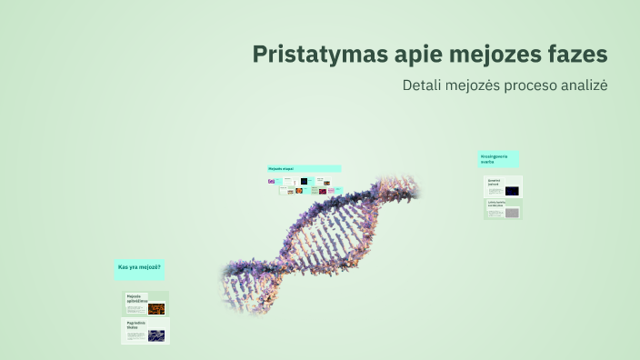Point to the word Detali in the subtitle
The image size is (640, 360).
pyautogui.click(x=422, y=85)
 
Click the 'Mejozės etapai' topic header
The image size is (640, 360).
pyautogui.click(x=282, y=169)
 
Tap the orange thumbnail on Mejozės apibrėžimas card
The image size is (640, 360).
pyautogui.click(x=156, y=308)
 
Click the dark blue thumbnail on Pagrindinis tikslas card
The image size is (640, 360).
pyautogui.click(x=156, y=335)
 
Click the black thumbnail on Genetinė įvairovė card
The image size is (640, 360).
pyautogui.click(x=513, y=191)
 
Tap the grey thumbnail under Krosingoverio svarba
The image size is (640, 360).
pyautogui.click(x=513, y=213)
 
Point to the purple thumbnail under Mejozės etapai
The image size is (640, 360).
pyautogui.click(x=271, y=182)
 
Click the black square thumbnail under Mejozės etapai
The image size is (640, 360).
pyautogui.click(x=305, y=182)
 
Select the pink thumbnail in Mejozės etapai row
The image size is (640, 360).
pyautogui.click(x=324, y=191)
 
